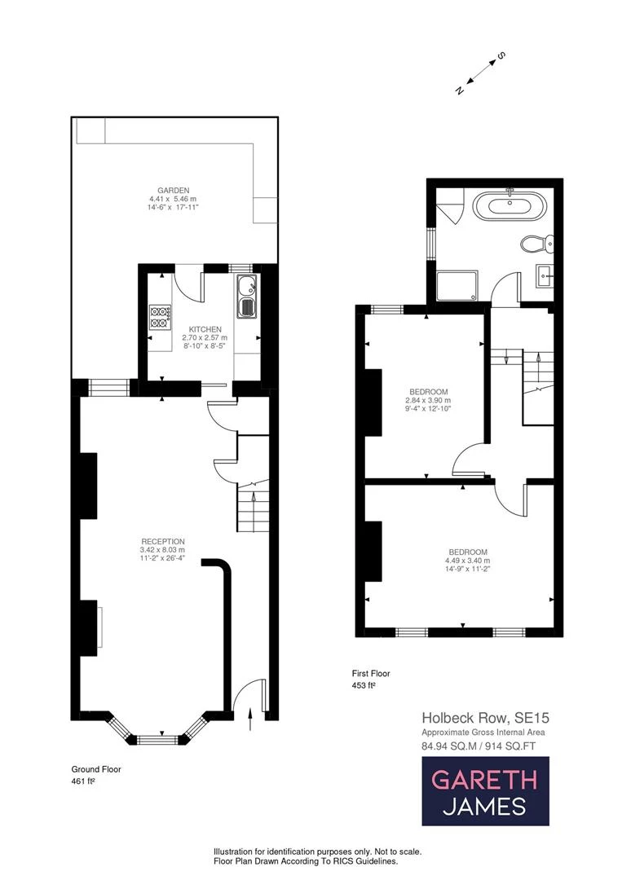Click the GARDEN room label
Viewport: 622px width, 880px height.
[173, 190]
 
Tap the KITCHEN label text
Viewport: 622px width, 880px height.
[205, 329]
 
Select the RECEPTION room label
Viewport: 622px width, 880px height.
[163, 541]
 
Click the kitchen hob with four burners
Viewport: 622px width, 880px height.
[160, 317]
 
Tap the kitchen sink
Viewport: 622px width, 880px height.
[246, 297]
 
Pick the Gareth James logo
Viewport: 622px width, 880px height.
[486, 790]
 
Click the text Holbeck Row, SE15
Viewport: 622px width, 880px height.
[486, 717]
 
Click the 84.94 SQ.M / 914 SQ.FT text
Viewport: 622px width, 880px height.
[479, 746]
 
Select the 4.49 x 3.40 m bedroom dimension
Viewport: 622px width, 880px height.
[468, 560]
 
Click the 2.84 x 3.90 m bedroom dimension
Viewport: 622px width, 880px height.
[428, 400]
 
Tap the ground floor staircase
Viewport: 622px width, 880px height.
[253, 507]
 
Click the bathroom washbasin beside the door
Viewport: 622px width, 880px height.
[544, 275]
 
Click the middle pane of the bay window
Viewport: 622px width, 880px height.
[158, 740]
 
